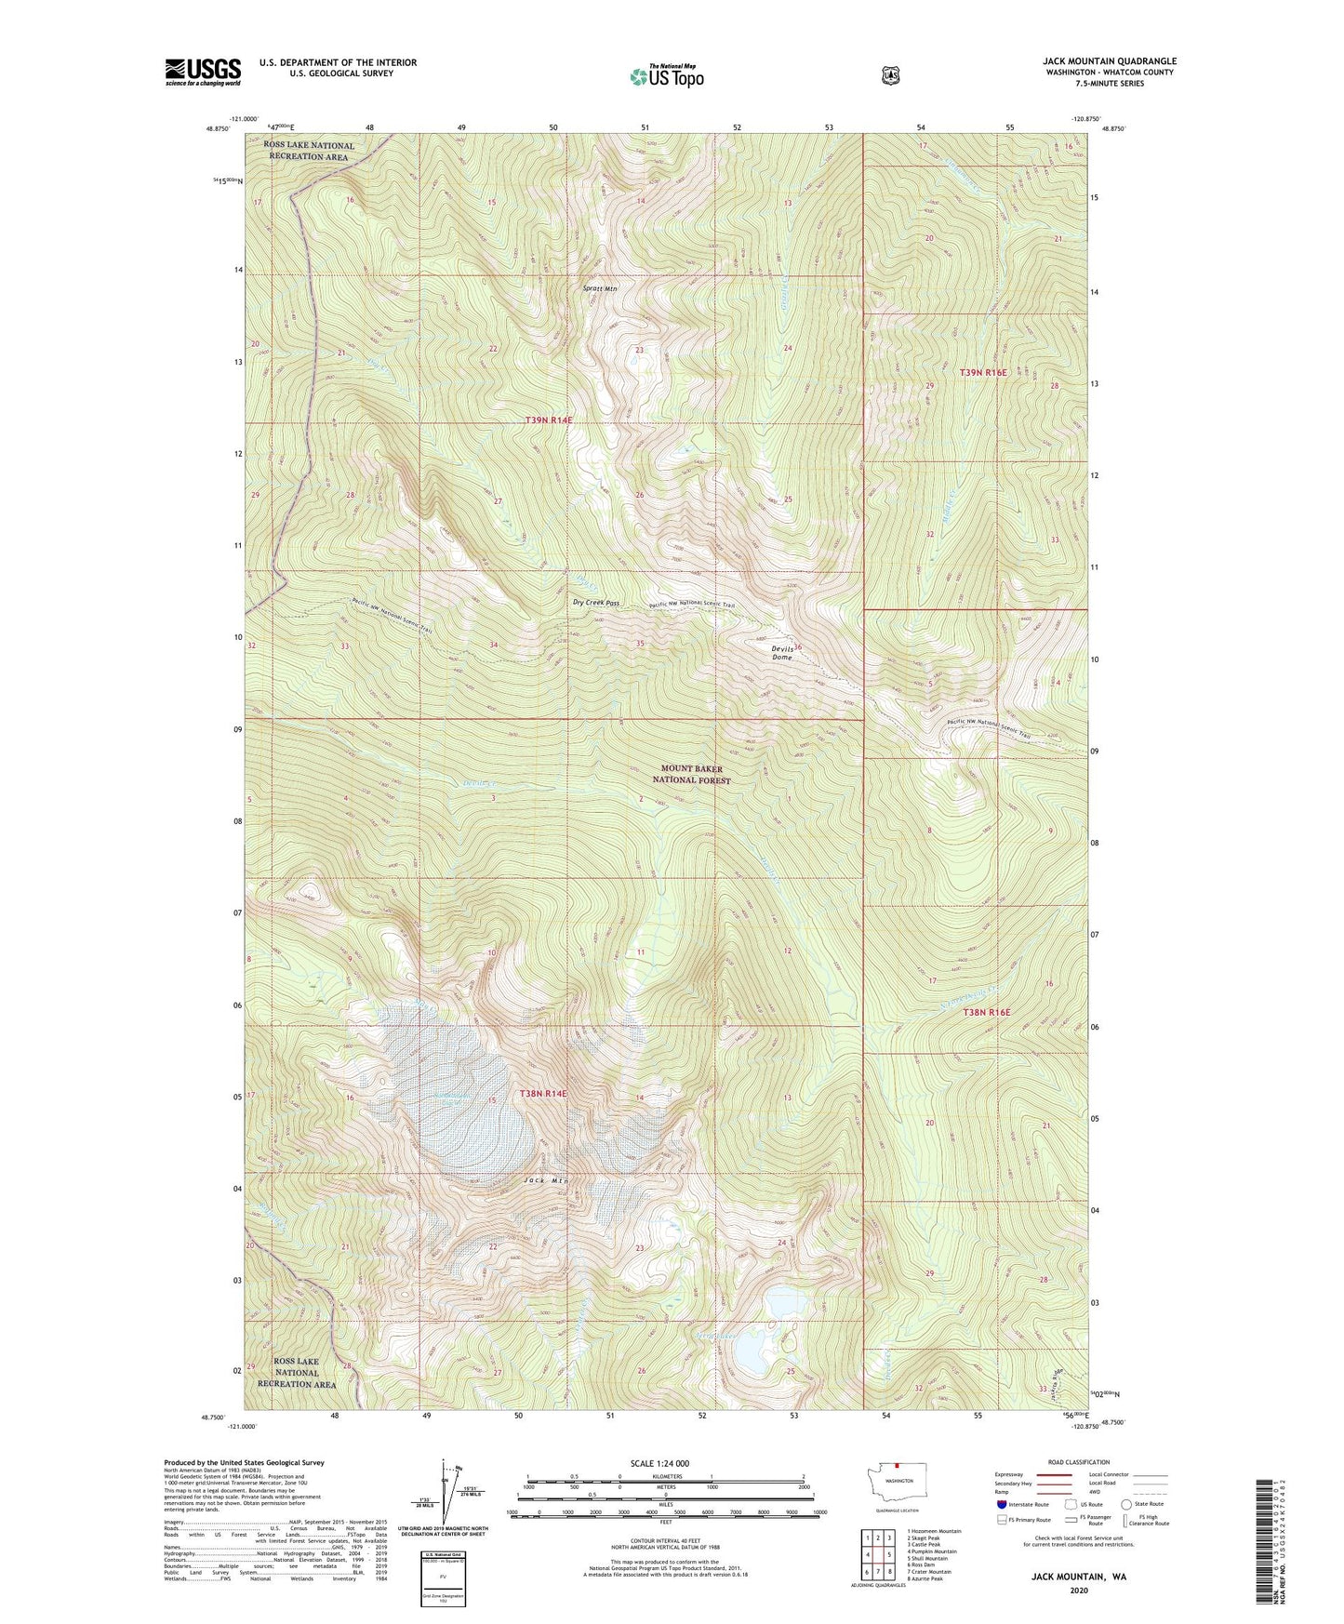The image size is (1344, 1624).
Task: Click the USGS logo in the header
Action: click(203, 72)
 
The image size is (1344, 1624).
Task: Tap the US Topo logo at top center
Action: click(666, 76)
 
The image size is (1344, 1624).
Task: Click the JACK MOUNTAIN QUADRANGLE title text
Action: click(1109, 61)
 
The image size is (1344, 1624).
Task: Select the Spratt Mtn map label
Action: click(600, 288)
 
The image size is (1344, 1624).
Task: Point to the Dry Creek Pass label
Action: click(596, 603)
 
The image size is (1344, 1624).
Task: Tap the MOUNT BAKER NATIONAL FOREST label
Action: click(692, 775)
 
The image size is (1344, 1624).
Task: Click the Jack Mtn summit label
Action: click(545, 1180)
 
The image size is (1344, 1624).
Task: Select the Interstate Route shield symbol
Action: click(1001, 1504)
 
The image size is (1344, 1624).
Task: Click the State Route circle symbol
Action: click(1126, 1504)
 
